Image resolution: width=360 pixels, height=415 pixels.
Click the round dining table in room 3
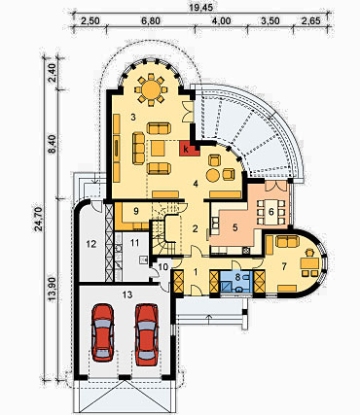151,89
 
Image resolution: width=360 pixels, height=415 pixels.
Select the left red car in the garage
103,332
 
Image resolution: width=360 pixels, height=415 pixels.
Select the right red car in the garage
146,334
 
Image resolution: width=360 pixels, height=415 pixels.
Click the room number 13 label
127,294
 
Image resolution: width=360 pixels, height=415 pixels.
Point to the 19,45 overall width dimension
202,7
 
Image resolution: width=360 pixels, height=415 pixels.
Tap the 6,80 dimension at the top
151,21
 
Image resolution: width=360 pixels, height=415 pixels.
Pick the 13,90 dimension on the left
53,290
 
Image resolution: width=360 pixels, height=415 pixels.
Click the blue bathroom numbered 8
236,282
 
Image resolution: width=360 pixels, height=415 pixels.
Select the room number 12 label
91,244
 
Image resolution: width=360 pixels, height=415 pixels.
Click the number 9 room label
136,211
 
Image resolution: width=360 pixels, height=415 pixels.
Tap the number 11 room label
134,242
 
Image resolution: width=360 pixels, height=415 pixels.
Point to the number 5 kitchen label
234,227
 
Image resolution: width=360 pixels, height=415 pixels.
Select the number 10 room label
163,267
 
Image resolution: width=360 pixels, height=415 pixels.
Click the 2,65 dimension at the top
310,21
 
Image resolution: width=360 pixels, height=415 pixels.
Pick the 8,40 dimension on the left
53,145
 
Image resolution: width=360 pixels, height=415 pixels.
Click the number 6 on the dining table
271,212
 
